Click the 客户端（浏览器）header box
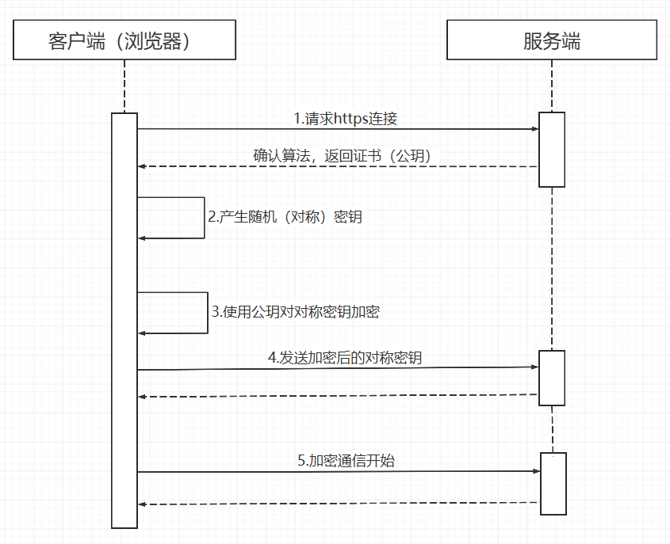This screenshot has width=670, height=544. tap(124, 40)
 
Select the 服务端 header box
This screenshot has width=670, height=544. tap(552, 40)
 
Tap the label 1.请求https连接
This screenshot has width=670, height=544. tap(345, 120)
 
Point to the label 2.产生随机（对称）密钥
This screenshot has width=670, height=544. tap(285, 217)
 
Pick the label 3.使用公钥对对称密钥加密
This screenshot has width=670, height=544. tap(296, 312)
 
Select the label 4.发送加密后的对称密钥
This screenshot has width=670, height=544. tap(345, 358)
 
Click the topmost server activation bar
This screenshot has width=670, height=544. tap(552, 150)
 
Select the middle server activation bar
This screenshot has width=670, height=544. tap(552, 377)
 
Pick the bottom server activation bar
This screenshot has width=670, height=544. tap(553, 483)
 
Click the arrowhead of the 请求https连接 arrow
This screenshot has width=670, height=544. tap(535, 129)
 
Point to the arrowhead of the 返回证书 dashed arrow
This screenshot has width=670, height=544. tap(142, 166)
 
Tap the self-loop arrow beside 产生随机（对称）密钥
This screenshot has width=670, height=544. tap(204, 218)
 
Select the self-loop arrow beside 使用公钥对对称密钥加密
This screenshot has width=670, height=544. tap(207, 313)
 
